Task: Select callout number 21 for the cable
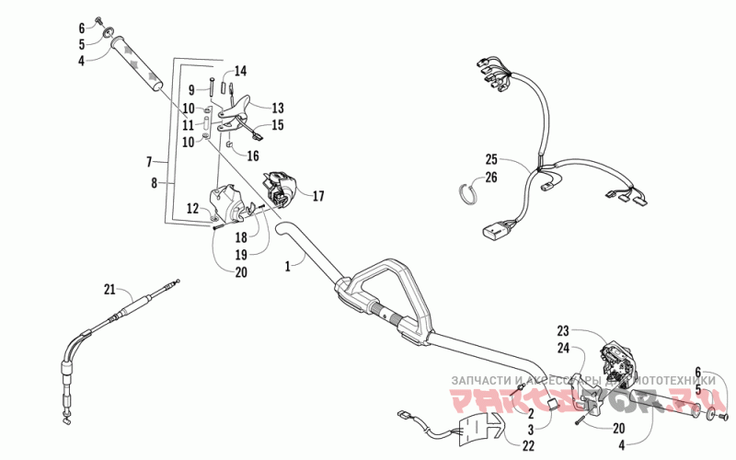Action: [x=110, y=291]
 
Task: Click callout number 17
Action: [x=319, y=195]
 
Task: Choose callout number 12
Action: [x=193, y=209]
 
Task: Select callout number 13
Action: [x=277, y=107]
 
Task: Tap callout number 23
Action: [x=564, y=330]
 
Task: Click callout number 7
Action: [x=148, y=162]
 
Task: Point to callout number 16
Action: [x=254, y=156]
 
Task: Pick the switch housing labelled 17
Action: [x=277, y=183]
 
